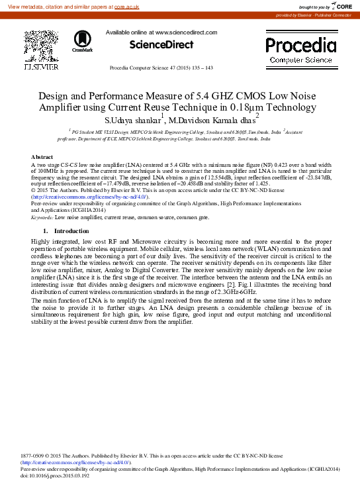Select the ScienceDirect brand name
161,45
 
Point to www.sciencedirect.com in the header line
186,32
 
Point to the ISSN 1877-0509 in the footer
34,456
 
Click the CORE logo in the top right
341,7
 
